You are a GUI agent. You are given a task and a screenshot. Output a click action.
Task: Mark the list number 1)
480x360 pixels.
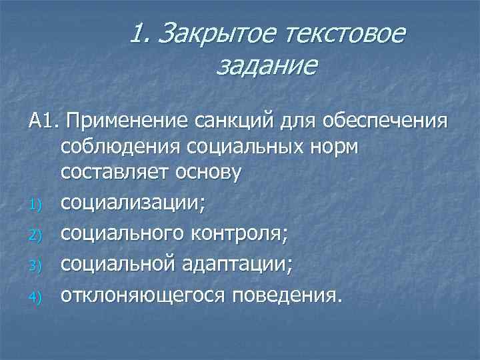click(36, 201)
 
